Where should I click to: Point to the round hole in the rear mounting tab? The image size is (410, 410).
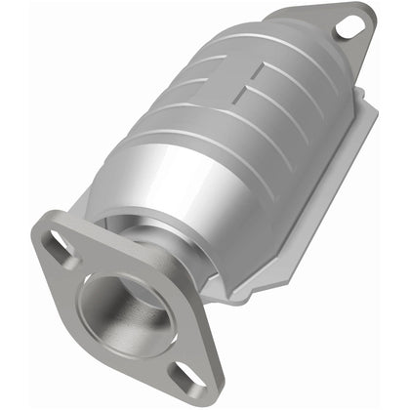pos(348,27)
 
